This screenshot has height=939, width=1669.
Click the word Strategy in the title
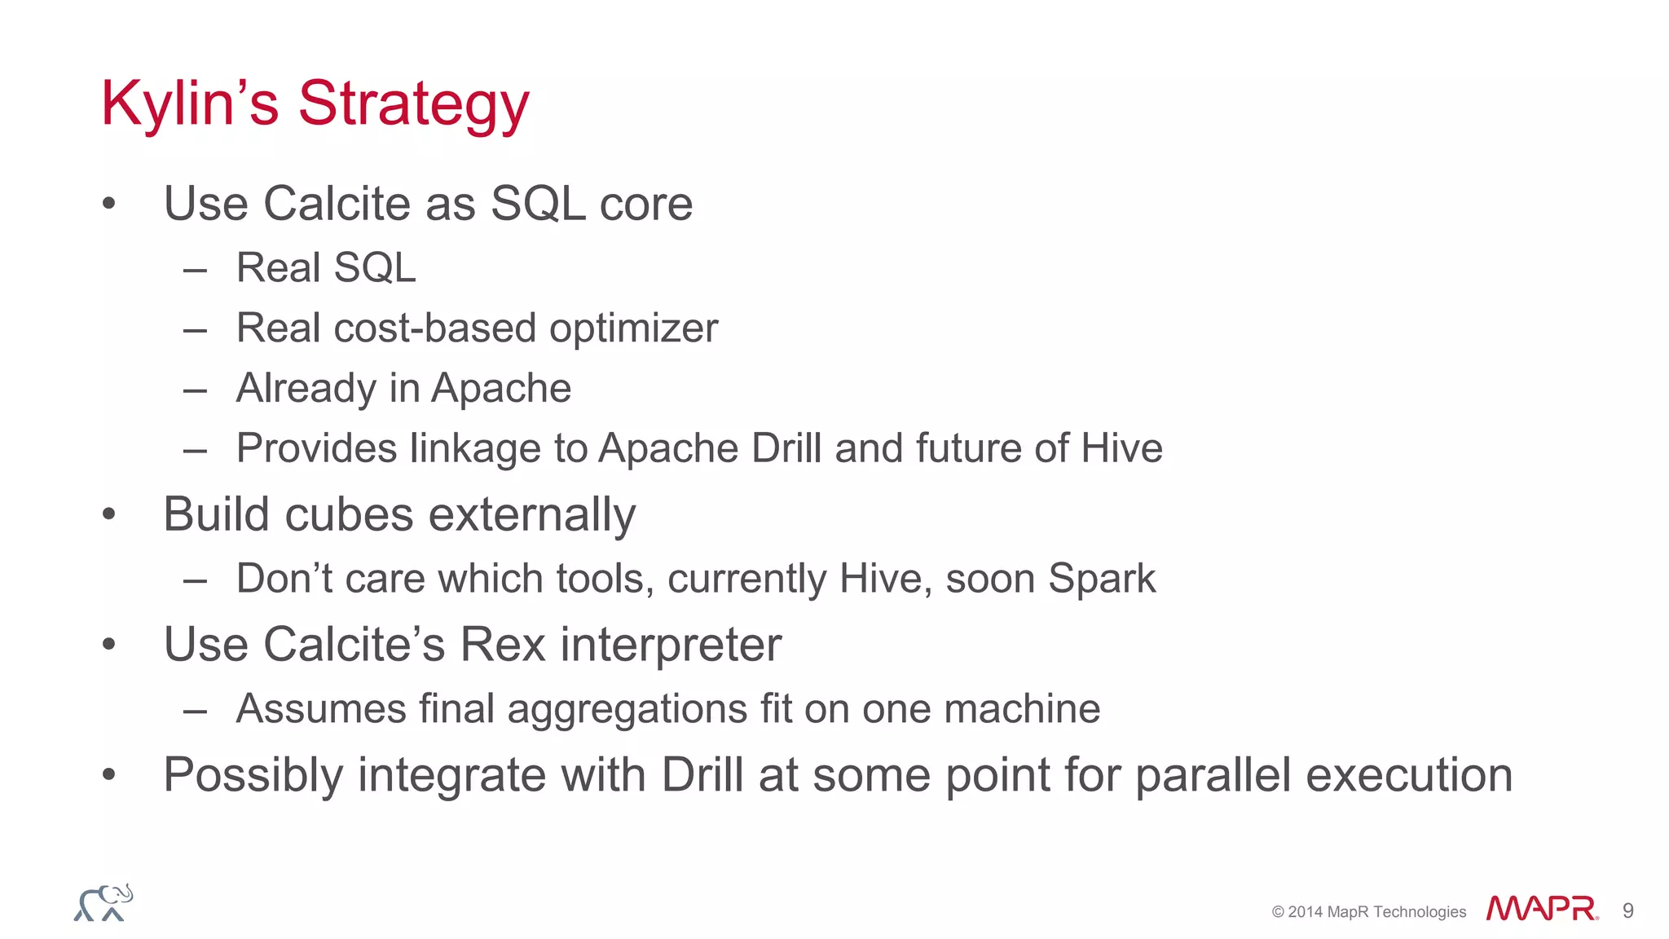413,104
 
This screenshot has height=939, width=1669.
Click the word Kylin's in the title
189,104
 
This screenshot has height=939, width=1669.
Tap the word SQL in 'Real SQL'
374,267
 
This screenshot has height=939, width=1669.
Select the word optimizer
633,328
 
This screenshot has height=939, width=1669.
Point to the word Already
306,389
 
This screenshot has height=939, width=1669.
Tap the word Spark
1101,579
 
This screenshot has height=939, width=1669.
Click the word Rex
502,645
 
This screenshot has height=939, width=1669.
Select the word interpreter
671,645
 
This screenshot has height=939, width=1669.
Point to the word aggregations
627,708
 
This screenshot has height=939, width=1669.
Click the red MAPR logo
1541,908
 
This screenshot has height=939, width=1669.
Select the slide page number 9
1627,910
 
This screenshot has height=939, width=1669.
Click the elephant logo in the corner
103,903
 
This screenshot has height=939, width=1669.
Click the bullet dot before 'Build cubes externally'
109,514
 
